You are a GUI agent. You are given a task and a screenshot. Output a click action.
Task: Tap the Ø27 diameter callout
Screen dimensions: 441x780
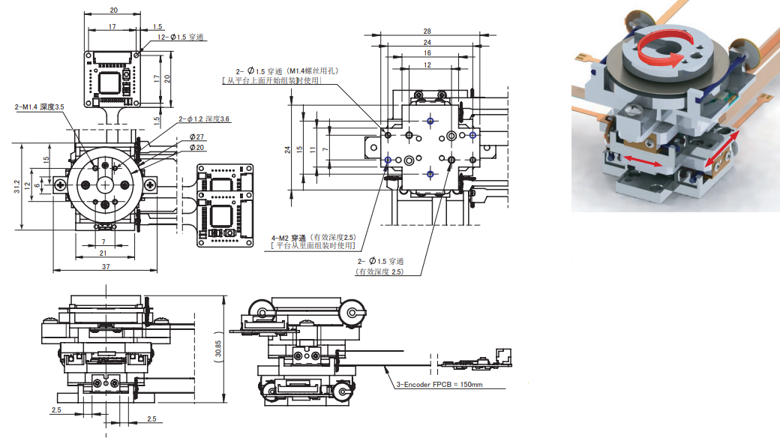coord(197,136)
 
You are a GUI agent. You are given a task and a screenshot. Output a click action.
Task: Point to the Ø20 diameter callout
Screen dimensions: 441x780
coord(197,147)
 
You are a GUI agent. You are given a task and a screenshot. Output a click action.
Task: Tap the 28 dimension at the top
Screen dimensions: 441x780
coord(427,31)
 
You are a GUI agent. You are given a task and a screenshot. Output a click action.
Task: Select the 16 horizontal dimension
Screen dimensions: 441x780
coord(427,53)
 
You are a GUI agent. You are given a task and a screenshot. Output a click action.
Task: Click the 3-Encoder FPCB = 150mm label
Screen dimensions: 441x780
coord(439,385)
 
